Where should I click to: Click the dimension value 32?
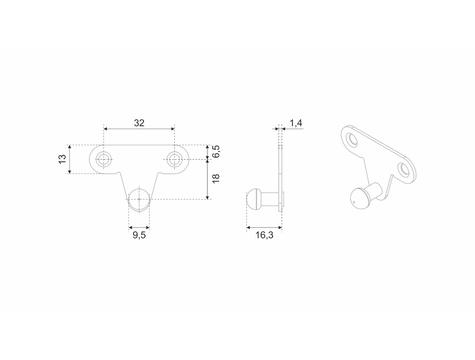tap(139, 123)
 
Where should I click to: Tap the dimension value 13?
tap(62, 159)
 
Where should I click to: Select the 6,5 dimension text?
tap(216, 152)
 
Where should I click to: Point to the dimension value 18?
tap(216, 178)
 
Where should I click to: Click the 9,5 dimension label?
tap(139, 235)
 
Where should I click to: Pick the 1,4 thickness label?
tap(296, 123)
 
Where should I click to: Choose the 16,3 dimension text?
tap(264, 235)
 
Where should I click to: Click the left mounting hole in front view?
tap(104, 159)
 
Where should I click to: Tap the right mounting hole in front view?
tap(174, 159)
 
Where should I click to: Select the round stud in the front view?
tap(139, 199)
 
